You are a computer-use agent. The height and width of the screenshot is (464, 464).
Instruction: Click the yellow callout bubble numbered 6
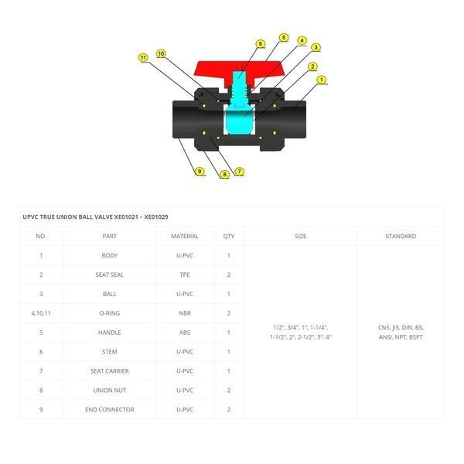click(261, 44)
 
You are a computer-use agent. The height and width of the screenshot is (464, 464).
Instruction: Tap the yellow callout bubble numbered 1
click(322, 80)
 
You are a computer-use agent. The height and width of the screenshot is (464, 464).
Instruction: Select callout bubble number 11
click(143, 57)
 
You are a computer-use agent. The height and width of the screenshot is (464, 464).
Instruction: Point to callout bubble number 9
click(200, 171)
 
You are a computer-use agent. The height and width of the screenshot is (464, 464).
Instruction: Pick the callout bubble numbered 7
click(240, 171)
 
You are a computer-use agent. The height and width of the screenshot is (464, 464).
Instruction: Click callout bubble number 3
click(316, 47)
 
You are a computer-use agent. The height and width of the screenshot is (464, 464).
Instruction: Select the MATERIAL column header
click(185, 236)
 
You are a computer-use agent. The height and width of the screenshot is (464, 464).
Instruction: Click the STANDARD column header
click(401, 236)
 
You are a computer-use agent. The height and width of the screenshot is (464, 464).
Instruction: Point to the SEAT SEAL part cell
click(110, 275)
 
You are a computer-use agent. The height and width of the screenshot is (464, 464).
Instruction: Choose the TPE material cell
click(185, 275)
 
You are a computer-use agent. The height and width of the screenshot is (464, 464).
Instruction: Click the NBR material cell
click(185, 313)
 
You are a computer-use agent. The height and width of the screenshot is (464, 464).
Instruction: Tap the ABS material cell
click(185, 333)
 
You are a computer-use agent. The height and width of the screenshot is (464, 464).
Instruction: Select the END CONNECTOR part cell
click(110, 410)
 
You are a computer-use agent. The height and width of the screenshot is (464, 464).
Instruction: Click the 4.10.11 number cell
click(41, 313)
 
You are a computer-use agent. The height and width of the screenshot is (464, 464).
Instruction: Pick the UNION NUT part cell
click(110, 391)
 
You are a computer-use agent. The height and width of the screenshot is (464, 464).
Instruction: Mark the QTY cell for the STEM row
click(229, 352)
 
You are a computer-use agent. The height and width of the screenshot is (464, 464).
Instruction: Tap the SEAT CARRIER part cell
click(110, 371)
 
